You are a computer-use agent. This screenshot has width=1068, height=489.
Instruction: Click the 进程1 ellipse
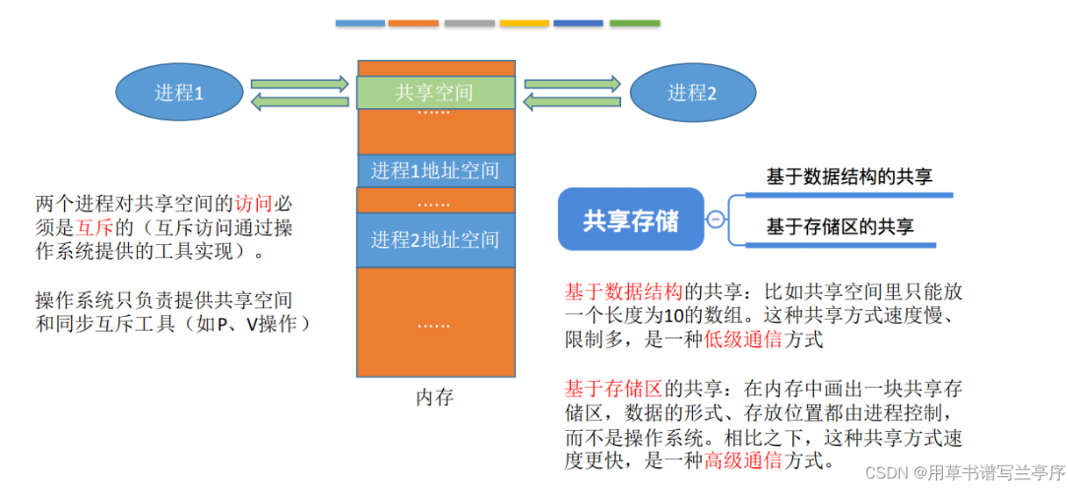click(x=178, y=93)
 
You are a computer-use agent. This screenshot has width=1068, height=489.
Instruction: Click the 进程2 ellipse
click(x=692, y=93)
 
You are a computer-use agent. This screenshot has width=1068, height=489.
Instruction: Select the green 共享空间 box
click(x=434, y=92)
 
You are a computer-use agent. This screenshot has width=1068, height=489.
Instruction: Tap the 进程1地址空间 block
click(x=434, y=170)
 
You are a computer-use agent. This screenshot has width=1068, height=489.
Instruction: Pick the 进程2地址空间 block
click(x=434, y=239)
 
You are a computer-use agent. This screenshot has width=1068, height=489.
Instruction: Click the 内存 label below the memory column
click(x=434, y=397)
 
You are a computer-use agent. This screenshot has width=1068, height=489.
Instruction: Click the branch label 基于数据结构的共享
click(x=848, y=177)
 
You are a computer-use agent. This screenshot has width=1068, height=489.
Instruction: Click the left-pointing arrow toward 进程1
click(x=300, y=102)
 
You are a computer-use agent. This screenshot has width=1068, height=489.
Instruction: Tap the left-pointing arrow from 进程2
click(x=572, y=102)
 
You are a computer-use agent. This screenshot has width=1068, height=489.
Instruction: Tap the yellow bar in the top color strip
click(x=524, y=23)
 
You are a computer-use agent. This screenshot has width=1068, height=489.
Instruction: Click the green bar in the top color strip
click(x=635, y=23)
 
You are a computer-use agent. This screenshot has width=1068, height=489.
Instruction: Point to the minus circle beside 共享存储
click(x=717, y=219)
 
